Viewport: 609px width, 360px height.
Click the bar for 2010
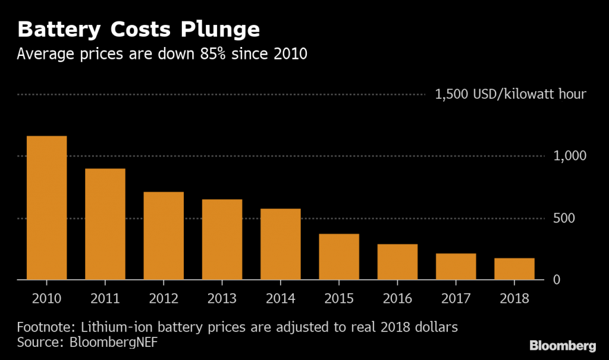click(x=46, y=208)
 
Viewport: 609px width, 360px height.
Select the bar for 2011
click(x=105, y=224)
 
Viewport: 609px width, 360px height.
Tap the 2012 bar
click(x=164, y=236)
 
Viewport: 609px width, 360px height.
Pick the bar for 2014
click(x=281, y=244)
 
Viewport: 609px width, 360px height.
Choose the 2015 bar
click(x=339, y=256)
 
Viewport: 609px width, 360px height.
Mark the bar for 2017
click(x=456, y=267)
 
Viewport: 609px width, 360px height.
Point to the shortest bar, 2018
click(x=514, y=269)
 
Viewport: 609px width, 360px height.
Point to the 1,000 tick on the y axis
click(x=570, y=156)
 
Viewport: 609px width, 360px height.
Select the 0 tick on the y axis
click(x=557, y=280)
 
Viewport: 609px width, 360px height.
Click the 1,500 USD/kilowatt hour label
click(x=511, y=94)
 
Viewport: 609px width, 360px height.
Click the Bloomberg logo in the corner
click(x=563, y=346)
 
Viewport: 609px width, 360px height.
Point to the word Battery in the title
click(x=52, y=29)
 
